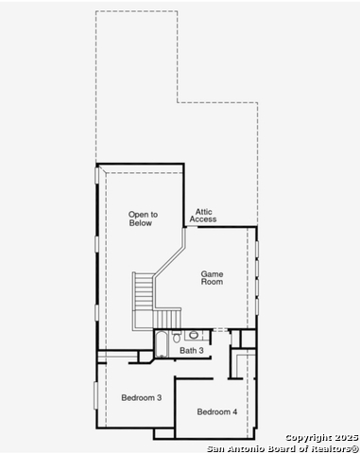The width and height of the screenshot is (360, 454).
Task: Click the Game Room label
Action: (212, 277)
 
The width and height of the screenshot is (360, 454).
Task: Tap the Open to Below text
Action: (143, 218)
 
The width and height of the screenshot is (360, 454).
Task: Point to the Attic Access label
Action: (203, 215)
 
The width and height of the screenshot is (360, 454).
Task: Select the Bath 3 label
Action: (191, 351)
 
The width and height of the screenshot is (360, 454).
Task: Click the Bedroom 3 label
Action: (142, 398)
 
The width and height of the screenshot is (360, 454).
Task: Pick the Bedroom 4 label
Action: (217, 411)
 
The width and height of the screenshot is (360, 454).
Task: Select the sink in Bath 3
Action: (193, 334)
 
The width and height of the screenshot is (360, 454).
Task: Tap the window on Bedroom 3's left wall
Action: (94, 395)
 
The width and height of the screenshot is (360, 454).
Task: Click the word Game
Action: (212, 272)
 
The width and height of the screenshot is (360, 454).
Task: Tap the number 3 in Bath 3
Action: (200, 351)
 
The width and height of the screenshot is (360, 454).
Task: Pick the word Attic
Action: (203, 210)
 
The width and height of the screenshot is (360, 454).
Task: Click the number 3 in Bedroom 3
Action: (159, 398)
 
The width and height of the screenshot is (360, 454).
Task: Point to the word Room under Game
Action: (212, 282)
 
